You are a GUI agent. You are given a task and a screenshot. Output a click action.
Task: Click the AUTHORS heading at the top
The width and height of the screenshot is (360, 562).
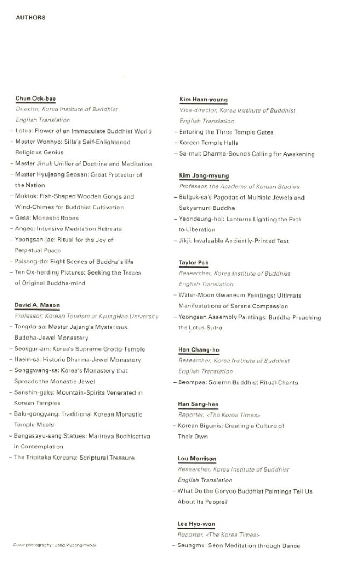[31, 18]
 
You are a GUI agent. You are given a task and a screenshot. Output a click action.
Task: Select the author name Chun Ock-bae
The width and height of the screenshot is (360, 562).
[36, 99]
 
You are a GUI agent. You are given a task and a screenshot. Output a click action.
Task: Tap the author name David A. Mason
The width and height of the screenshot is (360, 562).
[37, 306]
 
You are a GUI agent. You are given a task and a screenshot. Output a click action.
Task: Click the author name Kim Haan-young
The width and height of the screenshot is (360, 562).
[203, 100]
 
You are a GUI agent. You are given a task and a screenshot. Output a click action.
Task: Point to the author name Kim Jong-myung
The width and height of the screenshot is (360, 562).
[204, 176]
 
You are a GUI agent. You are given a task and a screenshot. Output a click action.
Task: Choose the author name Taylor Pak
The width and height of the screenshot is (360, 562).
[193, 263]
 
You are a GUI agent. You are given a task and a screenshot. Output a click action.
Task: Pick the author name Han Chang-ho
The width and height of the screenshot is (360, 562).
[199, 350]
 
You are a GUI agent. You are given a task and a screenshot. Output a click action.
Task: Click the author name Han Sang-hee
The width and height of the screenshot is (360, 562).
[198, 404]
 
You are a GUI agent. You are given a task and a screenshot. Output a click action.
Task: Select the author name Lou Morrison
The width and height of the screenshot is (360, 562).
[197, 459]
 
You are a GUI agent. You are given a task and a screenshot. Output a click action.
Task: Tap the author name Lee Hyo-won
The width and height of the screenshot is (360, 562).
[196, 524]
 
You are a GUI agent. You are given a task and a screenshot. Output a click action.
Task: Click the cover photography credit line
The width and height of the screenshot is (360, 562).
[55, 545]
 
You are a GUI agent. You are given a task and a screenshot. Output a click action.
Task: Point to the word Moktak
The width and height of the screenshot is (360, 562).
[26, 196]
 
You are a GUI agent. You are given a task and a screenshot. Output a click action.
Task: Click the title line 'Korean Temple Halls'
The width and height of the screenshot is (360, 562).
[209, 143]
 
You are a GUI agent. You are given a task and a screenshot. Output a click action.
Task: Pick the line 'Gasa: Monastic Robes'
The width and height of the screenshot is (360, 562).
[47, 218]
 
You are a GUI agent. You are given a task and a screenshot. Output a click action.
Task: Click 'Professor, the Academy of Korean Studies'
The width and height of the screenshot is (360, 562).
[239, 187]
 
